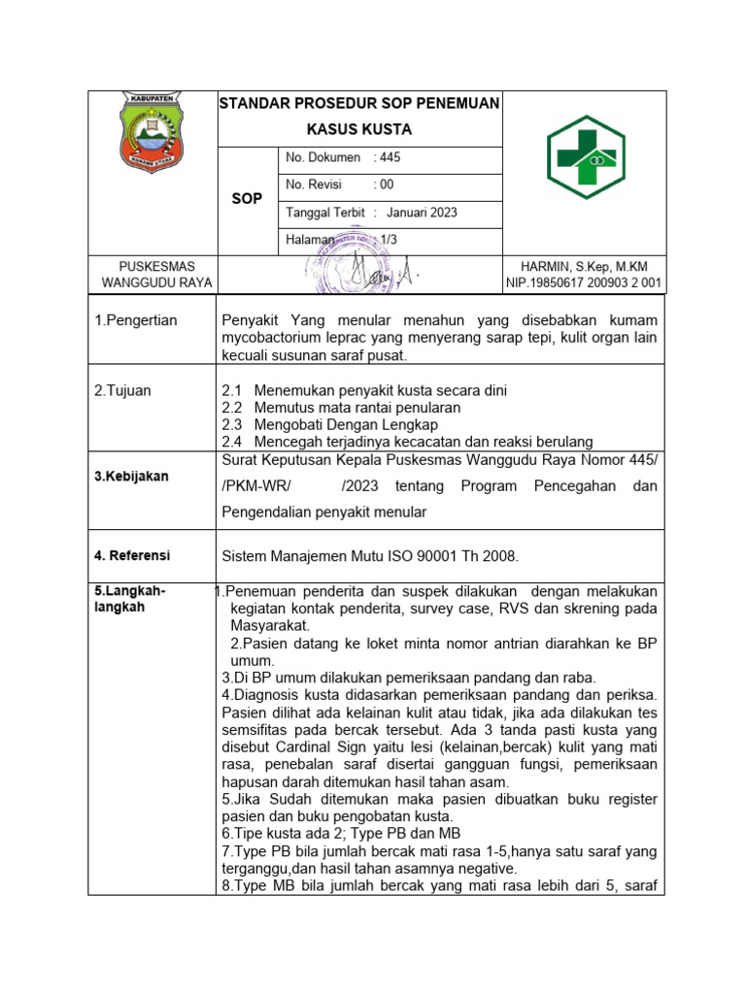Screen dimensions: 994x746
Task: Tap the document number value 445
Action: click(x=390, y=157)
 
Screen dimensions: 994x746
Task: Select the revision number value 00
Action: click(x=387, y=184)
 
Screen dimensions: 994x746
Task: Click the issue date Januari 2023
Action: click(x=422, y=213)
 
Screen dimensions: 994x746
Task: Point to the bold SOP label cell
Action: click(x=247, y=199)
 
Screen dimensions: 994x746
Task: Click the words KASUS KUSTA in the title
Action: click(x=358, y=129)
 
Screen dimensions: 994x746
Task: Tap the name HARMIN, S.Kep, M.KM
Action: click(x=584, y=267)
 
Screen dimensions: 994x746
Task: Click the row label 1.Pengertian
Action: click(x=136, y=320)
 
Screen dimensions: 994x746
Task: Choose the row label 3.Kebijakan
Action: click(x=131, y=477)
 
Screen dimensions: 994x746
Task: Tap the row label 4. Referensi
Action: click(x=132, y=555)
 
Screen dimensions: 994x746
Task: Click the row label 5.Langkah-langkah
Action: click(x=130, y=598)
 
